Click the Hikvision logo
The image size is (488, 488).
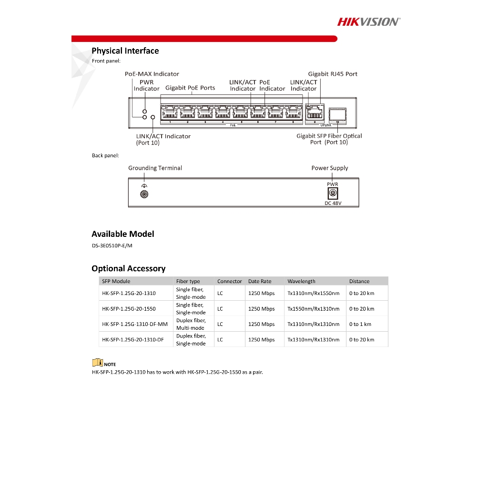[x=369, y=21]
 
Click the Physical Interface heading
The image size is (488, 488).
[x=125, y=51]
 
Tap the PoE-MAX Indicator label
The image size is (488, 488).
[x=152, y=74]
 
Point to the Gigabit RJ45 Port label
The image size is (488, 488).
[x=333, y=74]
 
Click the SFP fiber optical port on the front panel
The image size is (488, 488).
[x=337, y=113]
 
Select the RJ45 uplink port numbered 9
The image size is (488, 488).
[x=314, y=112]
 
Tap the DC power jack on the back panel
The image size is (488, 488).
[x=333, y=193]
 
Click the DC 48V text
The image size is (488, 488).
[x=333, y=203]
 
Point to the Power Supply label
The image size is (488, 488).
[x=330, y=168]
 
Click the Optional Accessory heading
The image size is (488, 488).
[x=129, y=269]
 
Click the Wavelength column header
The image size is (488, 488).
[x=301, y=281]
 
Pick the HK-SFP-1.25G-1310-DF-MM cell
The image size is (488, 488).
[x=135, y=324]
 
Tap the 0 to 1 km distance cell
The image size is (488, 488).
[x=360, y=324]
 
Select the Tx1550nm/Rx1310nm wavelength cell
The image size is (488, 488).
[x=314, y=309]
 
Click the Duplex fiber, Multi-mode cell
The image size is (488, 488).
[x=191, y=324]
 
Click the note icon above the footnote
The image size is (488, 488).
[x=97, y=363]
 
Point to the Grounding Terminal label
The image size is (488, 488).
[x=155, y=168]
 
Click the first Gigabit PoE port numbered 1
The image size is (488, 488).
[x=170, y=112]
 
